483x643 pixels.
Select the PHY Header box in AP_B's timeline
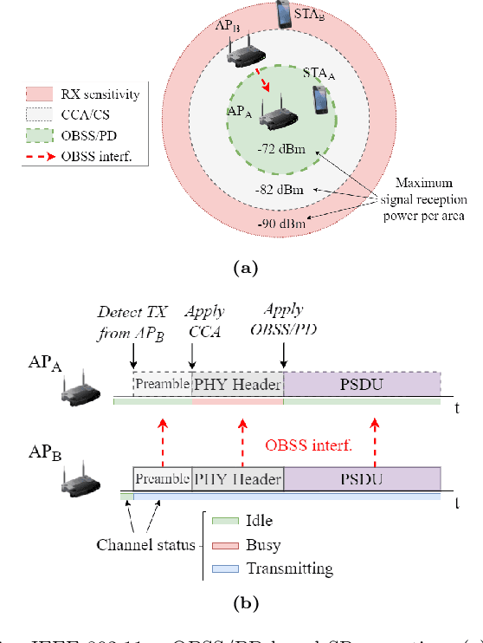pos(237,478)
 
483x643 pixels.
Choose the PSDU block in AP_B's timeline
pos(362,478)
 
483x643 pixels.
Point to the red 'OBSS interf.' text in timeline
pos(308,446)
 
